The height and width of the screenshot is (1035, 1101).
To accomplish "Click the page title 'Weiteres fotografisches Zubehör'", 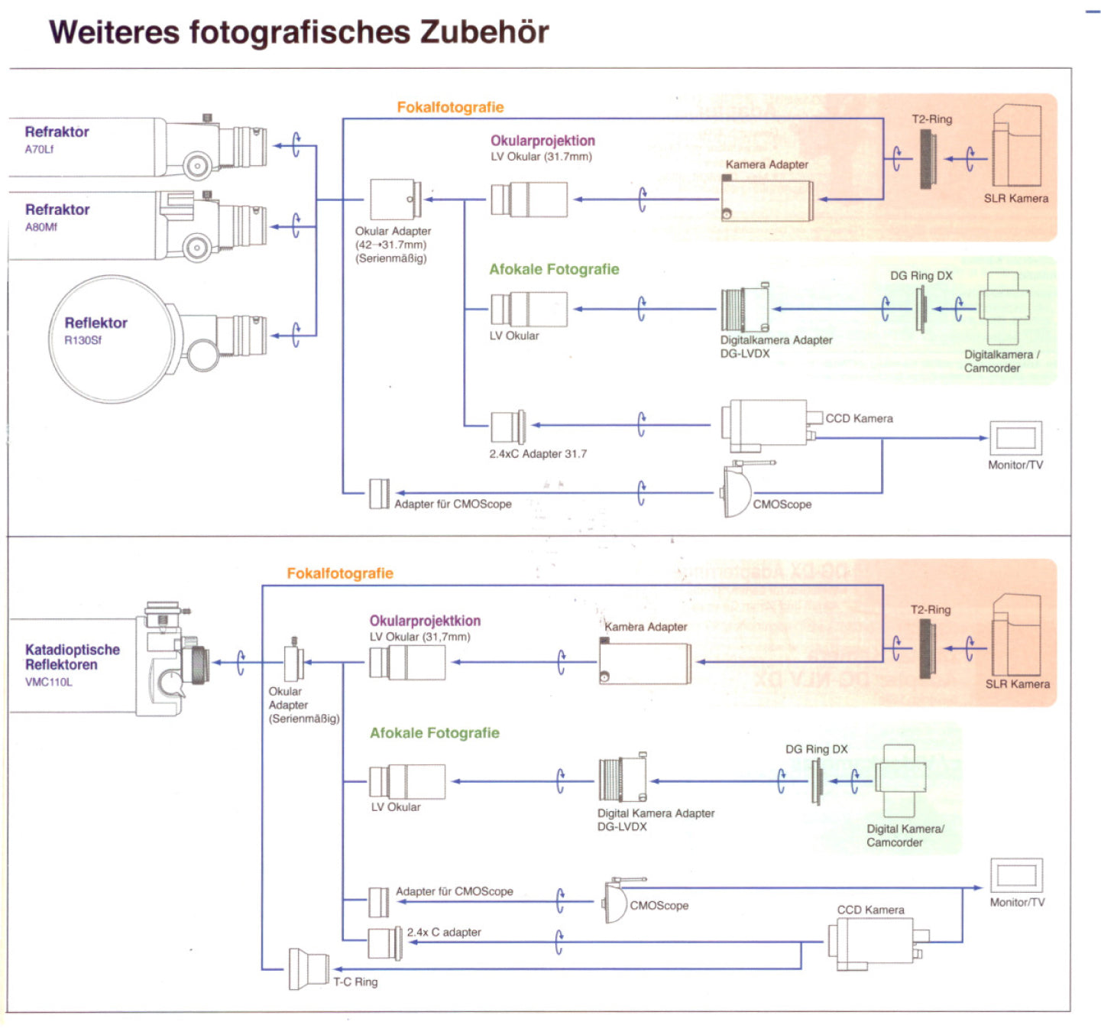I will click(x=299, y=33).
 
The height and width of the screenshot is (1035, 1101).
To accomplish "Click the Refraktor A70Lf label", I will click(x=56, y=138).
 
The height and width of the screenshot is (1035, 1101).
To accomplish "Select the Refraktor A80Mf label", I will click(x=57, y=216).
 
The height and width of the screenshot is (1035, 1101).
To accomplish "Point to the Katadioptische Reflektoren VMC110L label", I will click(x=72, y=664).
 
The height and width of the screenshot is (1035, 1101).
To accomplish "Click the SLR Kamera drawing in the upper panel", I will click(x=1016, y=146).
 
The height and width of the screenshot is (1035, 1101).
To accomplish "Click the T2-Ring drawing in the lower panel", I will click(x=927, y=648).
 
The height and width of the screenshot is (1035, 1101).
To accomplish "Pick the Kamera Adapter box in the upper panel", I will click(x=766, y=200).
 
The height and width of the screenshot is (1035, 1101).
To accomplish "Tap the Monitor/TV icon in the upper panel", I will click(x=1015, y=438).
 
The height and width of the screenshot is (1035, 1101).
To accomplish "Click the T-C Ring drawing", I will click(x=308, y=969).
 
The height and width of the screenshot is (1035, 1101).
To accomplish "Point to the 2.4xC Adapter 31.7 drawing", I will click(x=507, y=427).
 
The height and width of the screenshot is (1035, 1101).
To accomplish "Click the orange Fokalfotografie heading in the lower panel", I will click(x=340, y=573).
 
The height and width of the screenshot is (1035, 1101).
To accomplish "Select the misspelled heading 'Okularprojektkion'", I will click(x=425, y=621).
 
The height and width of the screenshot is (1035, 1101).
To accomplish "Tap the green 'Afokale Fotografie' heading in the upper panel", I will click(x=554, y=269).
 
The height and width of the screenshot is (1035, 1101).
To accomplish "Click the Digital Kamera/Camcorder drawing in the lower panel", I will click(x=901, y=780).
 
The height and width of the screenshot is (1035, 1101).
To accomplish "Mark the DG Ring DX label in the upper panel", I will click(x=921, y=275).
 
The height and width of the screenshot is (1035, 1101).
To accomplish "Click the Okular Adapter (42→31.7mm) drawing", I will click(x=395, y=200).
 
